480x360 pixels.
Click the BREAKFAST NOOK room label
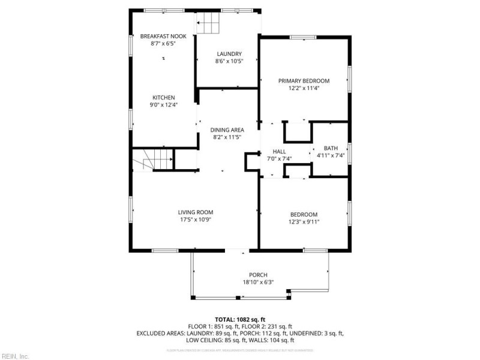(163, 36)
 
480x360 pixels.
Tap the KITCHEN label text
(163, 97)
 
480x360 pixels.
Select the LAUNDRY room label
(229, 53)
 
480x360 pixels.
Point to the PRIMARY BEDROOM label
(304, 80)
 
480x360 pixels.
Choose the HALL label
(279, 151)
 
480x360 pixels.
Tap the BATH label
(331, 148)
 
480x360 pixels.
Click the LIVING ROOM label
(196, 212)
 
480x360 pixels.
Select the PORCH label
(258, 275)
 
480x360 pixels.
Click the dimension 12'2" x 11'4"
(304, 88)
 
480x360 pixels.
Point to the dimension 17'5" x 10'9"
(196, 220)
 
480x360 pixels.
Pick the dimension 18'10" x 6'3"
(258, 283)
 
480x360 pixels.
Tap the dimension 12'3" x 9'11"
(304, 222)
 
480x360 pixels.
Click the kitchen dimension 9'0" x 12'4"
(163, 105)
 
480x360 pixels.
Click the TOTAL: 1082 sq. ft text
(240, 319)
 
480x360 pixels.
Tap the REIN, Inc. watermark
(14, 356)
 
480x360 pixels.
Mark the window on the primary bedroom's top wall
(302, 37)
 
